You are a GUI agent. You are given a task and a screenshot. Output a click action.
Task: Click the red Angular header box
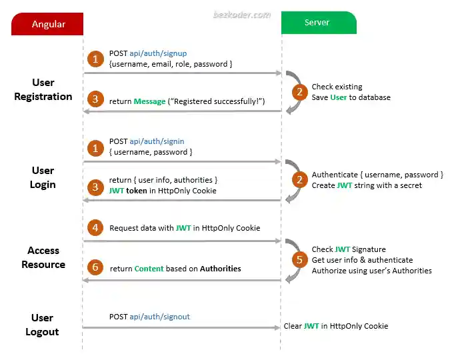click(48, 24)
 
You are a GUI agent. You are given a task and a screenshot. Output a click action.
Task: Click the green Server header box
click(317, 23)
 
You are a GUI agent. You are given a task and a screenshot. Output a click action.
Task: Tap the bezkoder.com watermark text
click(241, 13)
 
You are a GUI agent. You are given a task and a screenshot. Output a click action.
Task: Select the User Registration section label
click(43, 89)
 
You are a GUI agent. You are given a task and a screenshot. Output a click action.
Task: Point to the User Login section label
click(43, 177)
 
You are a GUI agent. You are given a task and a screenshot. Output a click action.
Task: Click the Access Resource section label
click(43, 257)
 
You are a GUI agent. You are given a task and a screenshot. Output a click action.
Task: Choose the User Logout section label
click(43, 325)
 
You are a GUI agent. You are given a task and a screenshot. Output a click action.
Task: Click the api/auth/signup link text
click(158, 53)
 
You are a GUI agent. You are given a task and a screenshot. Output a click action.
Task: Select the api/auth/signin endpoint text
click(157, 141)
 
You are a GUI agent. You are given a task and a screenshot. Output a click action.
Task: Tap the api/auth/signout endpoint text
click(159, 317)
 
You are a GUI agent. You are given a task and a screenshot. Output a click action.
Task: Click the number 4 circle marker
click(95, 227)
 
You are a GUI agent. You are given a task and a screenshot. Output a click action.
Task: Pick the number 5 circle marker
click(299, 259)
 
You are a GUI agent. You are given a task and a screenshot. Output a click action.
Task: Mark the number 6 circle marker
click(95, 268)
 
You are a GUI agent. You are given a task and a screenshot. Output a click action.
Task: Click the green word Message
click(149, 101)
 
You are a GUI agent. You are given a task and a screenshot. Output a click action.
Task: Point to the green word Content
click(149, 269)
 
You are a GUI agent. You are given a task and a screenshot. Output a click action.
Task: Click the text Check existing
click(337, 87)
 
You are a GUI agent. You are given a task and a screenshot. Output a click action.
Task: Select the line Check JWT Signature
click(349, 249)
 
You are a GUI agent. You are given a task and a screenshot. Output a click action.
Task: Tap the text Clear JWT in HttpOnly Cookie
click(335, 326)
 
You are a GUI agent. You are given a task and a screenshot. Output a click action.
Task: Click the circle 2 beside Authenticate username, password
click(299, 179)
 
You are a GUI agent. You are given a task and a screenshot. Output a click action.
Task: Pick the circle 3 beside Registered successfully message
click(95, 100)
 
